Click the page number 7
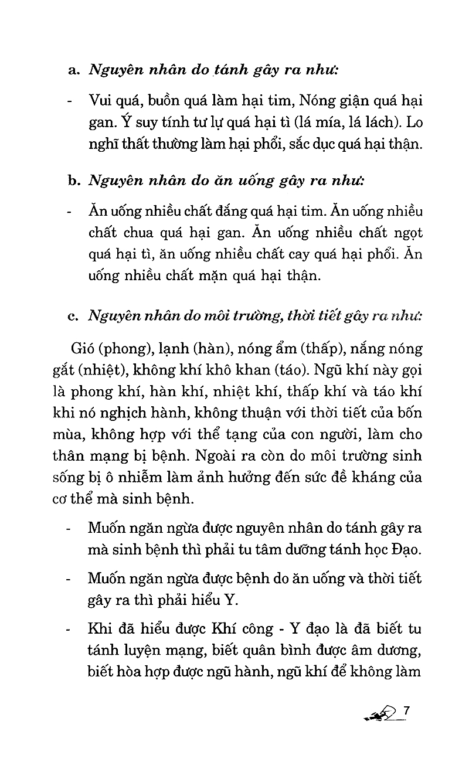tap(405, 711)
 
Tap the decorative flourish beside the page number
tap(381, 715)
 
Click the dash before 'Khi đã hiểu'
tap(70, 630)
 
